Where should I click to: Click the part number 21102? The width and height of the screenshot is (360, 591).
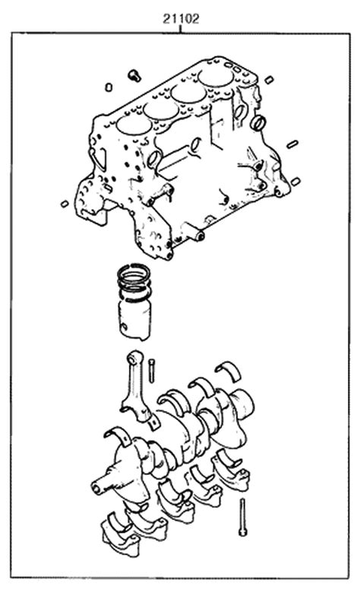click(x=181, y=19)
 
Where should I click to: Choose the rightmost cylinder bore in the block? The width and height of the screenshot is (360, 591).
click(x=215, y=77)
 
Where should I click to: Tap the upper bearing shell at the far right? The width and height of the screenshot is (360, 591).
click(x=228, y=369)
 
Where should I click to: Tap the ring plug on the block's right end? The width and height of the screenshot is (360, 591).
click(x=258, y=122)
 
